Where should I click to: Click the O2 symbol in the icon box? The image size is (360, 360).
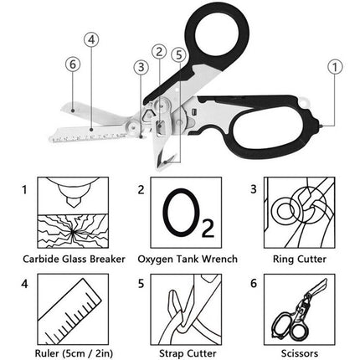tap(179, 216)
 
